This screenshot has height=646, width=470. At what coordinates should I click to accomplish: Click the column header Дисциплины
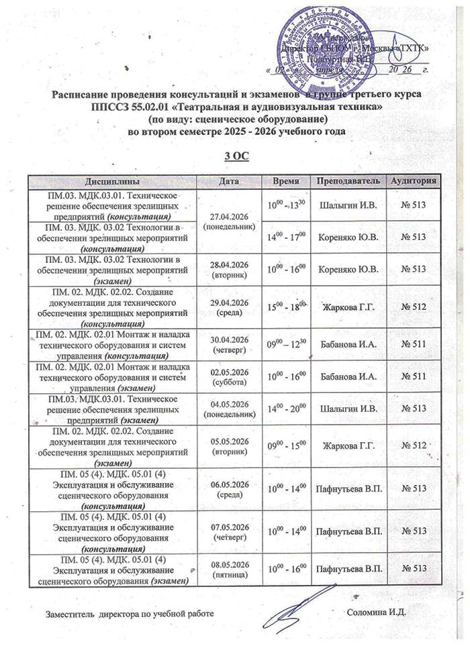tap(112, 182)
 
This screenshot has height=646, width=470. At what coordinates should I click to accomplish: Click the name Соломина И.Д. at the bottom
tap(378, 612)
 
